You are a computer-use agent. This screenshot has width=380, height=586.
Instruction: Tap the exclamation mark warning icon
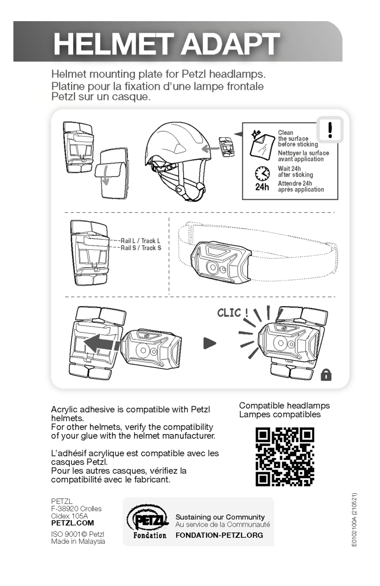(330, 129)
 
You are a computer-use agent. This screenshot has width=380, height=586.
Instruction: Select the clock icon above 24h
(262, 173)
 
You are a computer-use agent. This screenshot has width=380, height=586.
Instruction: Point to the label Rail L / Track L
(140, 241)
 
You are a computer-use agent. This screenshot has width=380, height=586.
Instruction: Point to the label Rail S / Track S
(141, 248)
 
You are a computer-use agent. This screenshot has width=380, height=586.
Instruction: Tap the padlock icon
(326, 375)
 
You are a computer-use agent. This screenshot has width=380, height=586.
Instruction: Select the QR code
(284, 457)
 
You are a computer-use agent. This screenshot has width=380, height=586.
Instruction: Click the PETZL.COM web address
(73, 523)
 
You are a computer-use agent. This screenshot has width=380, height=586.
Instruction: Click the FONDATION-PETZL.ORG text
(219, 535)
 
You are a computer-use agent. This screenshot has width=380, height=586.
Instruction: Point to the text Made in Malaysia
(78, 541)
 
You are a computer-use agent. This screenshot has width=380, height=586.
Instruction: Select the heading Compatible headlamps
(284, 405)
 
